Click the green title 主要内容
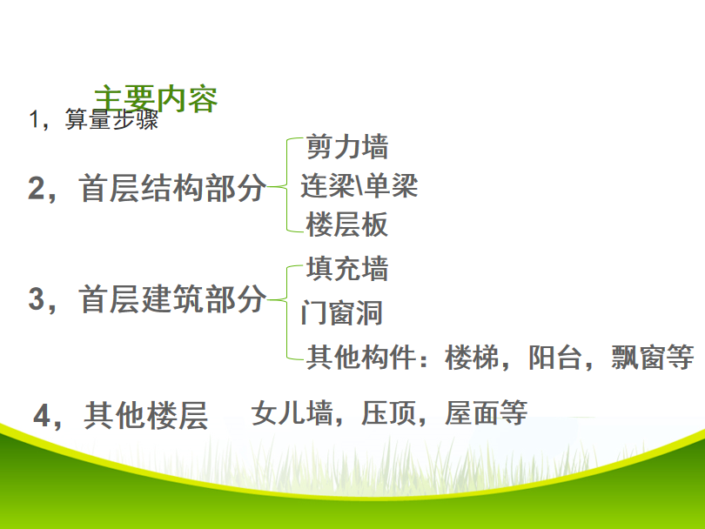[x=156, y=98]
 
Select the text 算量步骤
[x=112, y=119]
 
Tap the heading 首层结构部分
[x=172, y=188]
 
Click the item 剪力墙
[x=347, y=146]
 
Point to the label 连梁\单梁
[x=359, y=185]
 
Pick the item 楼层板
[x=346, y=224]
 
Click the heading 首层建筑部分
[x=172, y=299]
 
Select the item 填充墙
[x=347, y=268]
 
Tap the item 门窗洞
[x=342, y=313]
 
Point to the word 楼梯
[x=472, y=358]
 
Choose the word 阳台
[x=555, y=358]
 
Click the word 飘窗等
[x=653, y=358]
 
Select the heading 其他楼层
[x=145, y=415]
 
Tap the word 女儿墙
[x=292, y=413]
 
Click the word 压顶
[x=389, y=413]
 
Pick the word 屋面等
[x=486, y=413]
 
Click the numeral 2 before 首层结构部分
[x=37, y=188]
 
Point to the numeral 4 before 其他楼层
[x=43, y=416]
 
